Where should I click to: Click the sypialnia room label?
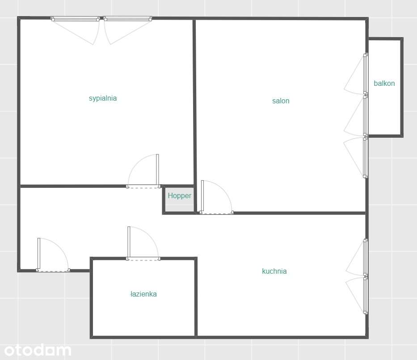tap(103, 98)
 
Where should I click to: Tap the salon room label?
tap(281, 101)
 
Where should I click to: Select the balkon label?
tap(384, 83)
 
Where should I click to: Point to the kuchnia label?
tap(274, 271)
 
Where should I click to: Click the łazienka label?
tap(143, 294)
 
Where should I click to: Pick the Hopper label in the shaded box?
tap(179, 196)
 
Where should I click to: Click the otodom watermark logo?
tap(38, 350)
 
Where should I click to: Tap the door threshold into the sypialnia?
tap(143, 187)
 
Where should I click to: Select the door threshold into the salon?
tap(216, 212)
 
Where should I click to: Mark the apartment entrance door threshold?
tap(53, 270)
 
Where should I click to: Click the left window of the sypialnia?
tap(75, 19)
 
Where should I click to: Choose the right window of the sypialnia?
tap(128, 19)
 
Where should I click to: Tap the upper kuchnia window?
tap(366, 258)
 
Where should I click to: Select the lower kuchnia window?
tap(366, 295)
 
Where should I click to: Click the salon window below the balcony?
tap(366, 157)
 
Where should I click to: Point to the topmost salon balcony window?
tap(366, 74)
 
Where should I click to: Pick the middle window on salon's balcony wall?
tap(366, 115)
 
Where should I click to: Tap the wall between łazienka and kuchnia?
tap(196, 297)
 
